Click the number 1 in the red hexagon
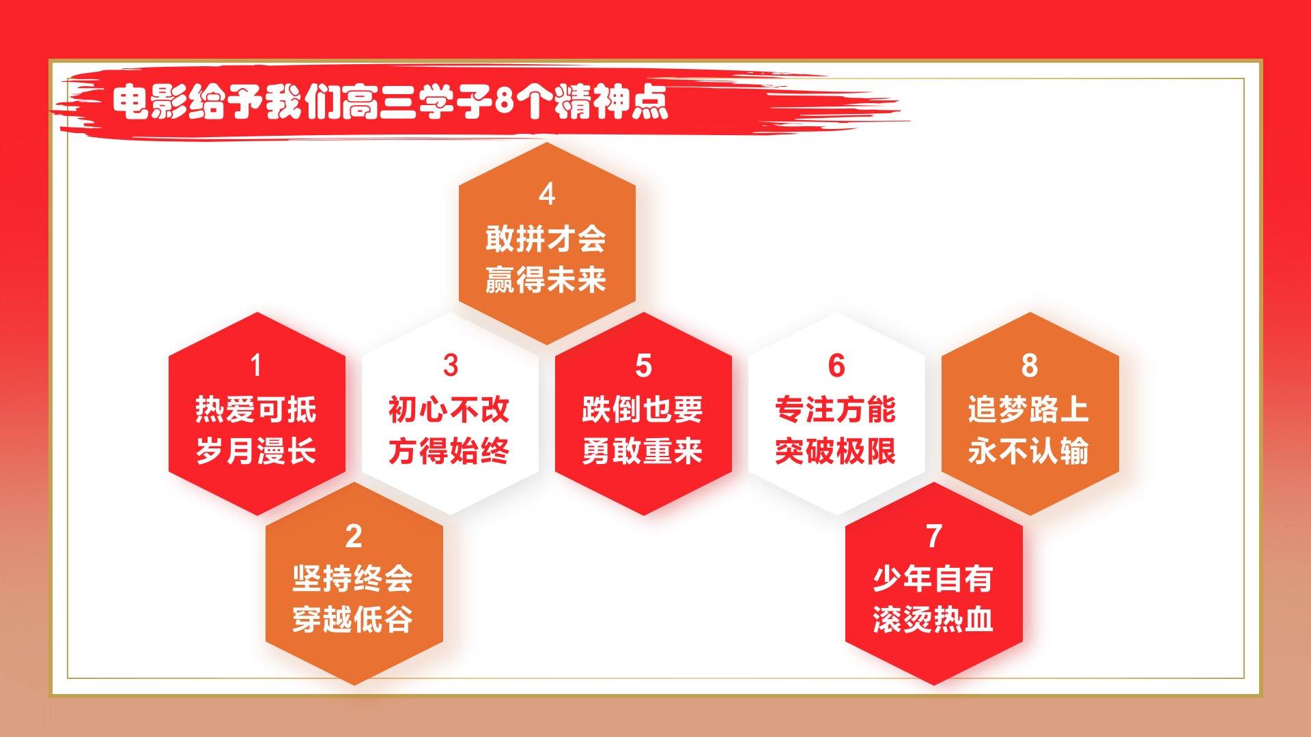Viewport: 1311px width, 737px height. point(256,365)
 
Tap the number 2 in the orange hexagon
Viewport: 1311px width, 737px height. point(353,536)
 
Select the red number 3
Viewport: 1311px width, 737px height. point(450,365)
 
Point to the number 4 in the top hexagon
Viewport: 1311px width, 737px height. point(547,194)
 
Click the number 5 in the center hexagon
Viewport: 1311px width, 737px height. point(643,365)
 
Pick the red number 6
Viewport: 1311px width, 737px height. point(836,365)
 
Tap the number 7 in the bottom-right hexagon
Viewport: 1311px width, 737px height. point(934,536)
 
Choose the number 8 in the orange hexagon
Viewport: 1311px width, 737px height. point(1030,365)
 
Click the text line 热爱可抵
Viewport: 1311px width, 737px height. point(256,409)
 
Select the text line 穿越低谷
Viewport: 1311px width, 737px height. point(353,620)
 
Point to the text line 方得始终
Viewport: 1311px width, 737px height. point(449,451)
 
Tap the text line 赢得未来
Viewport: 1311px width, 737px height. point(546,280)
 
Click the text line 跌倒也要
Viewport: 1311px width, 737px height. point(643,409)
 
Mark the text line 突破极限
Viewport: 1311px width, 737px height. point(836,451)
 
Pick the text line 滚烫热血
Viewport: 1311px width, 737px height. point(933,620)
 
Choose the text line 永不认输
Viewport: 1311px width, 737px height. point(1029,451)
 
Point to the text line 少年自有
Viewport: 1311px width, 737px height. point(933,579)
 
